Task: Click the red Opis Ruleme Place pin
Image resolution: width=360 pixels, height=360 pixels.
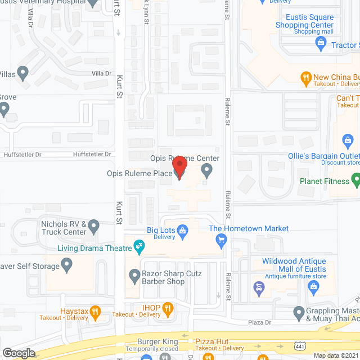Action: [x=179, y=168]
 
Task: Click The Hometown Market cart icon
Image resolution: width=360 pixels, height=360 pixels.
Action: [x=221, y=240]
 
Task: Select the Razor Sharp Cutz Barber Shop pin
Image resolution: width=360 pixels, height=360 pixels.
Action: [x=134, y=276]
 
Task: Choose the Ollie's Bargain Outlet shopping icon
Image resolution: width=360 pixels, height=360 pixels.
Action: [x=348, y=139]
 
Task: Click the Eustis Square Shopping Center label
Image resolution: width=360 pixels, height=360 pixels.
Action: [x=305, y=21]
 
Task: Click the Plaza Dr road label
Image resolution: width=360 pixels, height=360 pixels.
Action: [x=260, y=322]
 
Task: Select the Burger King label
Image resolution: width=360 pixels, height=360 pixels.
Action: [x=158, y=341]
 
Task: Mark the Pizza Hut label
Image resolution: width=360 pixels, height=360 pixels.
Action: [x=211, y=341]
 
